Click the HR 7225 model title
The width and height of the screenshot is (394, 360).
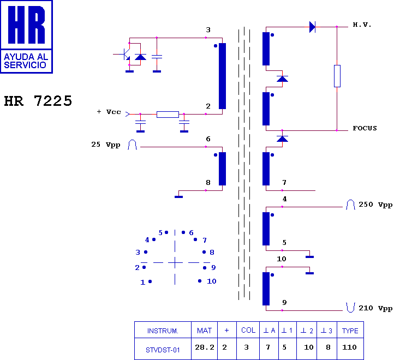pyautogui.click(x=38, y=101)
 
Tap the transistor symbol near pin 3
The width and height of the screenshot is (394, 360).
pyautogui.click(x=125, y=54)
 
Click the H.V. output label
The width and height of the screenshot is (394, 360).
pyautogui.click(x=362, y=25)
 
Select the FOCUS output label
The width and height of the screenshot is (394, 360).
pyautogui.click(x=365, y=128)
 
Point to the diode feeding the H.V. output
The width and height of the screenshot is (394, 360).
pyautogui.click(x=312, y=27)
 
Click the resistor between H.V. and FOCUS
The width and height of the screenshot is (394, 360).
pyautogui.click(x=337, y=76)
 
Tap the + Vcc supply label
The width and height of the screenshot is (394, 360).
pyautogui.click(x=109, y=112)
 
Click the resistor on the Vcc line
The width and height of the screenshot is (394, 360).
pyautogui.click(x=168, y=115)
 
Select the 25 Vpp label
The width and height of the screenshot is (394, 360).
pyautogui.click(x=106, y=145)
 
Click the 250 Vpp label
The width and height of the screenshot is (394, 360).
pyautogui.click(x=375, y=205)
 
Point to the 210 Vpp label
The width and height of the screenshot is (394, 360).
pyautogui.click(x=375, y=308)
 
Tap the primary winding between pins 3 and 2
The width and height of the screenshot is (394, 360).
pyautogui.click(x=222, y=76)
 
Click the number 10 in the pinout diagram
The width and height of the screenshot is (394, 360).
pyautogui.click(x=212, y=281)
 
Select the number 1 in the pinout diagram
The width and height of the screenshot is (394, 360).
pyautogui.click(x=143, y=283)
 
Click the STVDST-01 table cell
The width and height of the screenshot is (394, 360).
pyautogui.click(x=163, y=350)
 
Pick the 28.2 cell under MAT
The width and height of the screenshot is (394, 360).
pyautogui.click(x=205, y=347)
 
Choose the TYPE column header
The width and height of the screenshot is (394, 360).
pyautogui.click(x=350, y=331)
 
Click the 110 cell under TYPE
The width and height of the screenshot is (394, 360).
pyautogui.click(x=349, y=347)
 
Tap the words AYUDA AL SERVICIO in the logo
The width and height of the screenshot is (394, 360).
pyautogui.click(x=26, y=61)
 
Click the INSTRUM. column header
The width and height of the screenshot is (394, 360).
pyautogui.click(x=163, y=331)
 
